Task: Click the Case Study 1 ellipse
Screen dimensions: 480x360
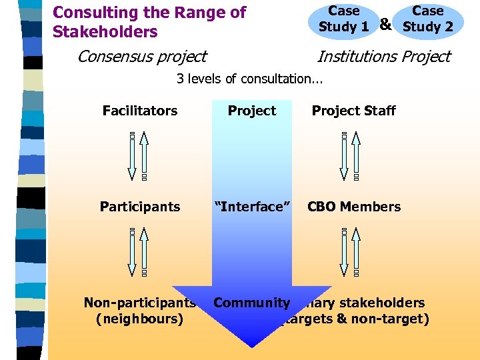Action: pos(344,19)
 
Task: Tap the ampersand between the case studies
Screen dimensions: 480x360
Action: pos(385,24)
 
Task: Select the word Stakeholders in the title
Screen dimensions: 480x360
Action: pos(105,32)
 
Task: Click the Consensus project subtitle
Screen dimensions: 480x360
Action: pos(141,57)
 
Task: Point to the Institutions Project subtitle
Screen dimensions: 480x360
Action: pos(383,57)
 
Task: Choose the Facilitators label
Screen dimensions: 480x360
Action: pos(140,111)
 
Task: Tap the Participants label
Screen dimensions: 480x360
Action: pos(140,207)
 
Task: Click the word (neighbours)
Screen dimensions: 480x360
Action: pos(140,319)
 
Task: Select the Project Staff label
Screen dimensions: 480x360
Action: pos(353,111)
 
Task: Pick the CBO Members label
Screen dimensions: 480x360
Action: pos(353,207)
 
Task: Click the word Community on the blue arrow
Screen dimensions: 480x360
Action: pos(251,303)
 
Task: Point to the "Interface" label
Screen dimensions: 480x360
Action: pos(251,207)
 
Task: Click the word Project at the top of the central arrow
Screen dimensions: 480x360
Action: pos(251,111)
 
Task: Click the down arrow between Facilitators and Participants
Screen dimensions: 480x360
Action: pos(133,156)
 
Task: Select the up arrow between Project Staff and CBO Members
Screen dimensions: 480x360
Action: pos(356,156)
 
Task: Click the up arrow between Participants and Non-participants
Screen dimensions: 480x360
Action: pos(145,252)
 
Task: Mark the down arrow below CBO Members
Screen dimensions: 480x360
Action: pos(344,252)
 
